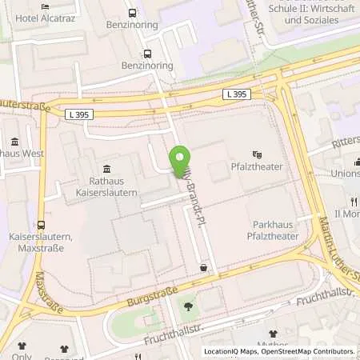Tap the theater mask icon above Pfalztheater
pyautogui.click(x=257, y=154)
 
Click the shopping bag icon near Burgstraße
pyautogui.click(x=204, y=268)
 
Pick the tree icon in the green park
pyautogui.click(x=187, y=306)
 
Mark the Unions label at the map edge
pyautogui.click(x=346, y=173)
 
